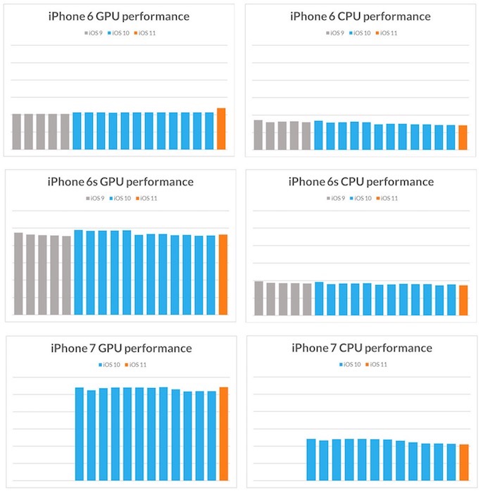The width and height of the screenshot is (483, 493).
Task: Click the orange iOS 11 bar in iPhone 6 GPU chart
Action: click(x=221, y=129)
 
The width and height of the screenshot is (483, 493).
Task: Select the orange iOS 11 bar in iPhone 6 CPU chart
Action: click(x=463, y=137)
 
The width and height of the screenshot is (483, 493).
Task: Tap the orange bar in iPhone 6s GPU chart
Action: click(x=222, y=275)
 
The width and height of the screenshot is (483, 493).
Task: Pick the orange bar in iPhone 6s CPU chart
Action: click(x=463, y=300)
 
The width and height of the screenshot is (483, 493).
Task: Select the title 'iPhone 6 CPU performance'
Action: click(x=361, y=16)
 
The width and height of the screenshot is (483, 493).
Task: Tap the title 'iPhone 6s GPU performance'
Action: click(x=120, y=182)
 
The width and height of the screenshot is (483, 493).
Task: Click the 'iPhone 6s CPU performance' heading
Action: click(x=361, y=182)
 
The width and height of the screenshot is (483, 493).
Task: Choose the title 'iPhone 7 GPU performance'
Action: click(x=121, y=348)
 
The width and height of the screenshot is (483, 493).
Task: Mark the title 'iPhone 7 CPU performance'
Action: click(x=362, y=348)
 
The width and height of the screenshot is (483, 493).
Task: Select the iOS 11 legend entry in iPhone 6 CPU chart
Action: click(x=387, y=32)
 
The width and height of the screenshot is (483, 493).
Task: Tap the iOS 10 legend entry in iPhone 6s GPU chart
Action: click(x=120, y=199)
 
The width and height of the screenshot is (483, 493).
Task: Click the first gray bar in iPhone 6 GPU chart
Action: click(x=17, y=132)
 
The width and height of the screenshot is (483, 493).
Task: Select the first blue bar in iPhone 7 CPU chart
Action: click(x=311, y=459)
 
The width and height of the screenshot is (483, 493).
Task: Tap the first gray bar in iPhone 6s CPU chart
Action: click(x=258, y=298)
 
